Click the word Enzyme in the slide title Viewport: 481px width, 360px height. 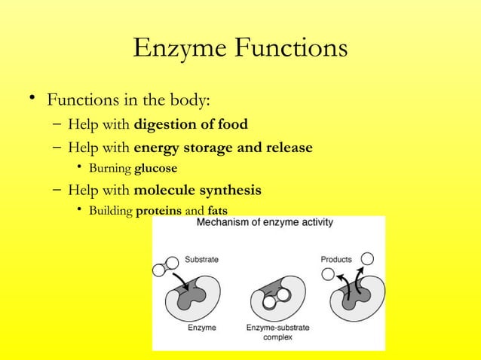(178, 49)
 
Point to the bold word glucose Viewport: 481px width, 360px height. (155, 167)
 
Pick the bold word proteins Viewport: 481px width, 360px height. (158, 211)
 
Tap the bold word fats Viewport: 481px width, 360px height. (217, 211)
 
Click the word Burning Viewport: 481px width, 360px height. (109, 167)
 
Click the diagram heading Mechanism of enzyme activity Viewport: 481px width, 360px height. (266, 223)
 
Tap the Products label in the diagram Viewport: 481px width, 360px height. (336, 259)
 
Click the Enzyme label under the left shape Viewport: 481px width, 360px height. (202, 328)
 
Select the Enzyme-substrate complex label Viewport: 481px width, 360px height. (278, 332)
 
